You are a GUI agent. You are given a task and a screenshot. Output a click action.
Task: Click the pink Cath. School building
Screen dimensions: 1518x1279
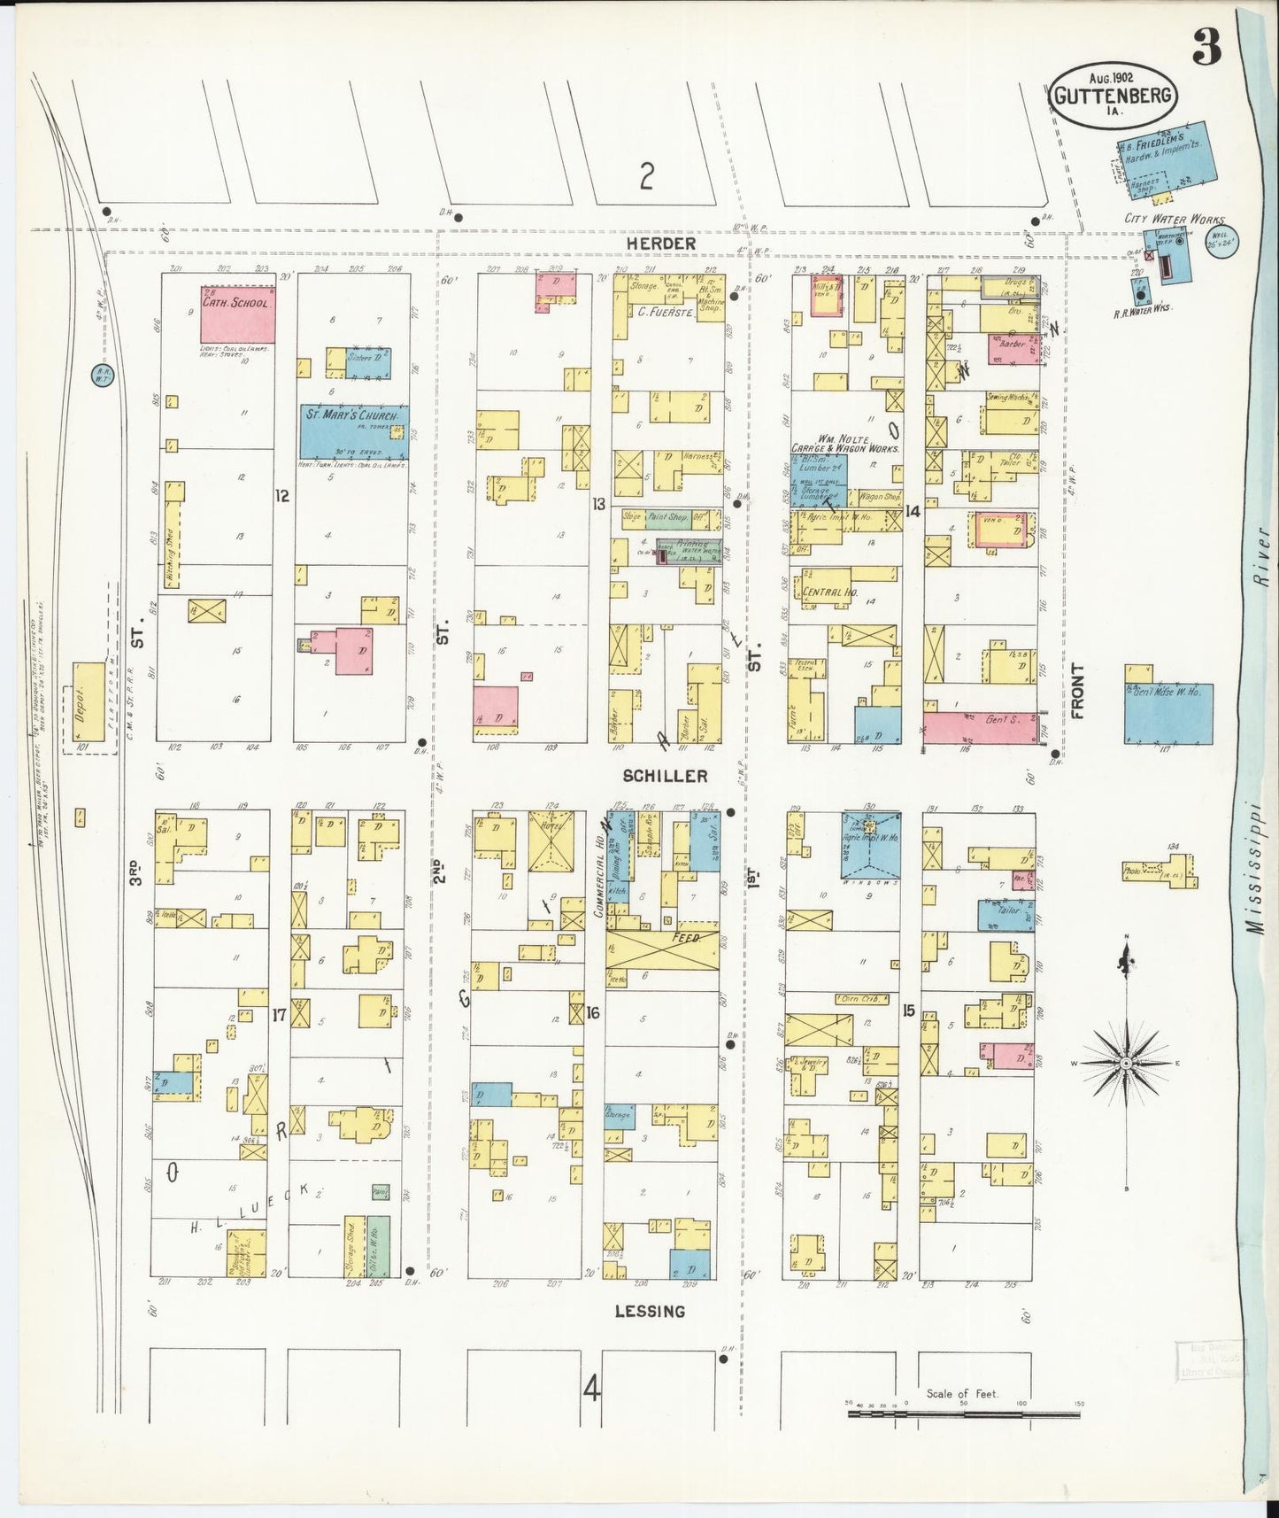pyautogui.click(x=236, y=315)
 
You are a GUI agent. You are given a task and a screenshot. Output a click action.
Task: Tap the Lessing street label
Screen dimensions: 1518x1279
pyautogui.click(x=650, y=1311)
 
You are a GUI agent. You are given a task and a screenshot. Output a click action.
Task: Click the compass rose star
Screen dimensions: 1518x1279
pyautogui.click(x=1126, y=1062)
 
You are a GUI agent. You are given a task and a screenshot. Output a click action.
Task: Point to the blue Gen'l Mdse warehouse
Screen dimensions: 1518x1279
pyautogui.click(x=1168, y=713)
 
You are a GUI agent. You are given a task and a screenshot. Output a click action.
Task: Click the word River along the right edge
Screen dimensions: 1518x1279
pyautogui.click(x=1262, y=562)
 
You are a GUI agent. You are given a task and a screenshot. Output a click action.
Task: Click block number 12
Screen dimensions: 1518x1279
pyautogui.click(x=281, y=497)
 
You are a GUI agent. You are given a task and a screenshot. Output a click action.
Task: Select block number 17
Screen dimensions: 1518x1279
pyautogui.click(x=279, y=1016)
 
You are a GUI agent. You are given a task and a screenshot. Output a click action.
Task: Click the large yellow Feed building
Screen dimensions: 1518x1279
pyautogui.click(x=662, y=949)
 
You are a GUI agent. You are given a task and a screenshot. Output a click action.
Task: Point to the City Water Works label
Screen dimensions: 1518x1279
pyautogui.click(x=1174, y=219)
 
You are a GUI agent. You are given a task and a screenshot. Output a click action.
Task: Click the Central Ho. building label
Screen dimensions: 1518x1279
pyautogui.click(x=823, y=592)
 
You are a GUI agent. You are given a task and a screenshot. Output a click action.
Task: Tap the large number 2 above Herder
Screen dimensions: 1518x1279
pyautogui.click(x=647, y=180)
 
